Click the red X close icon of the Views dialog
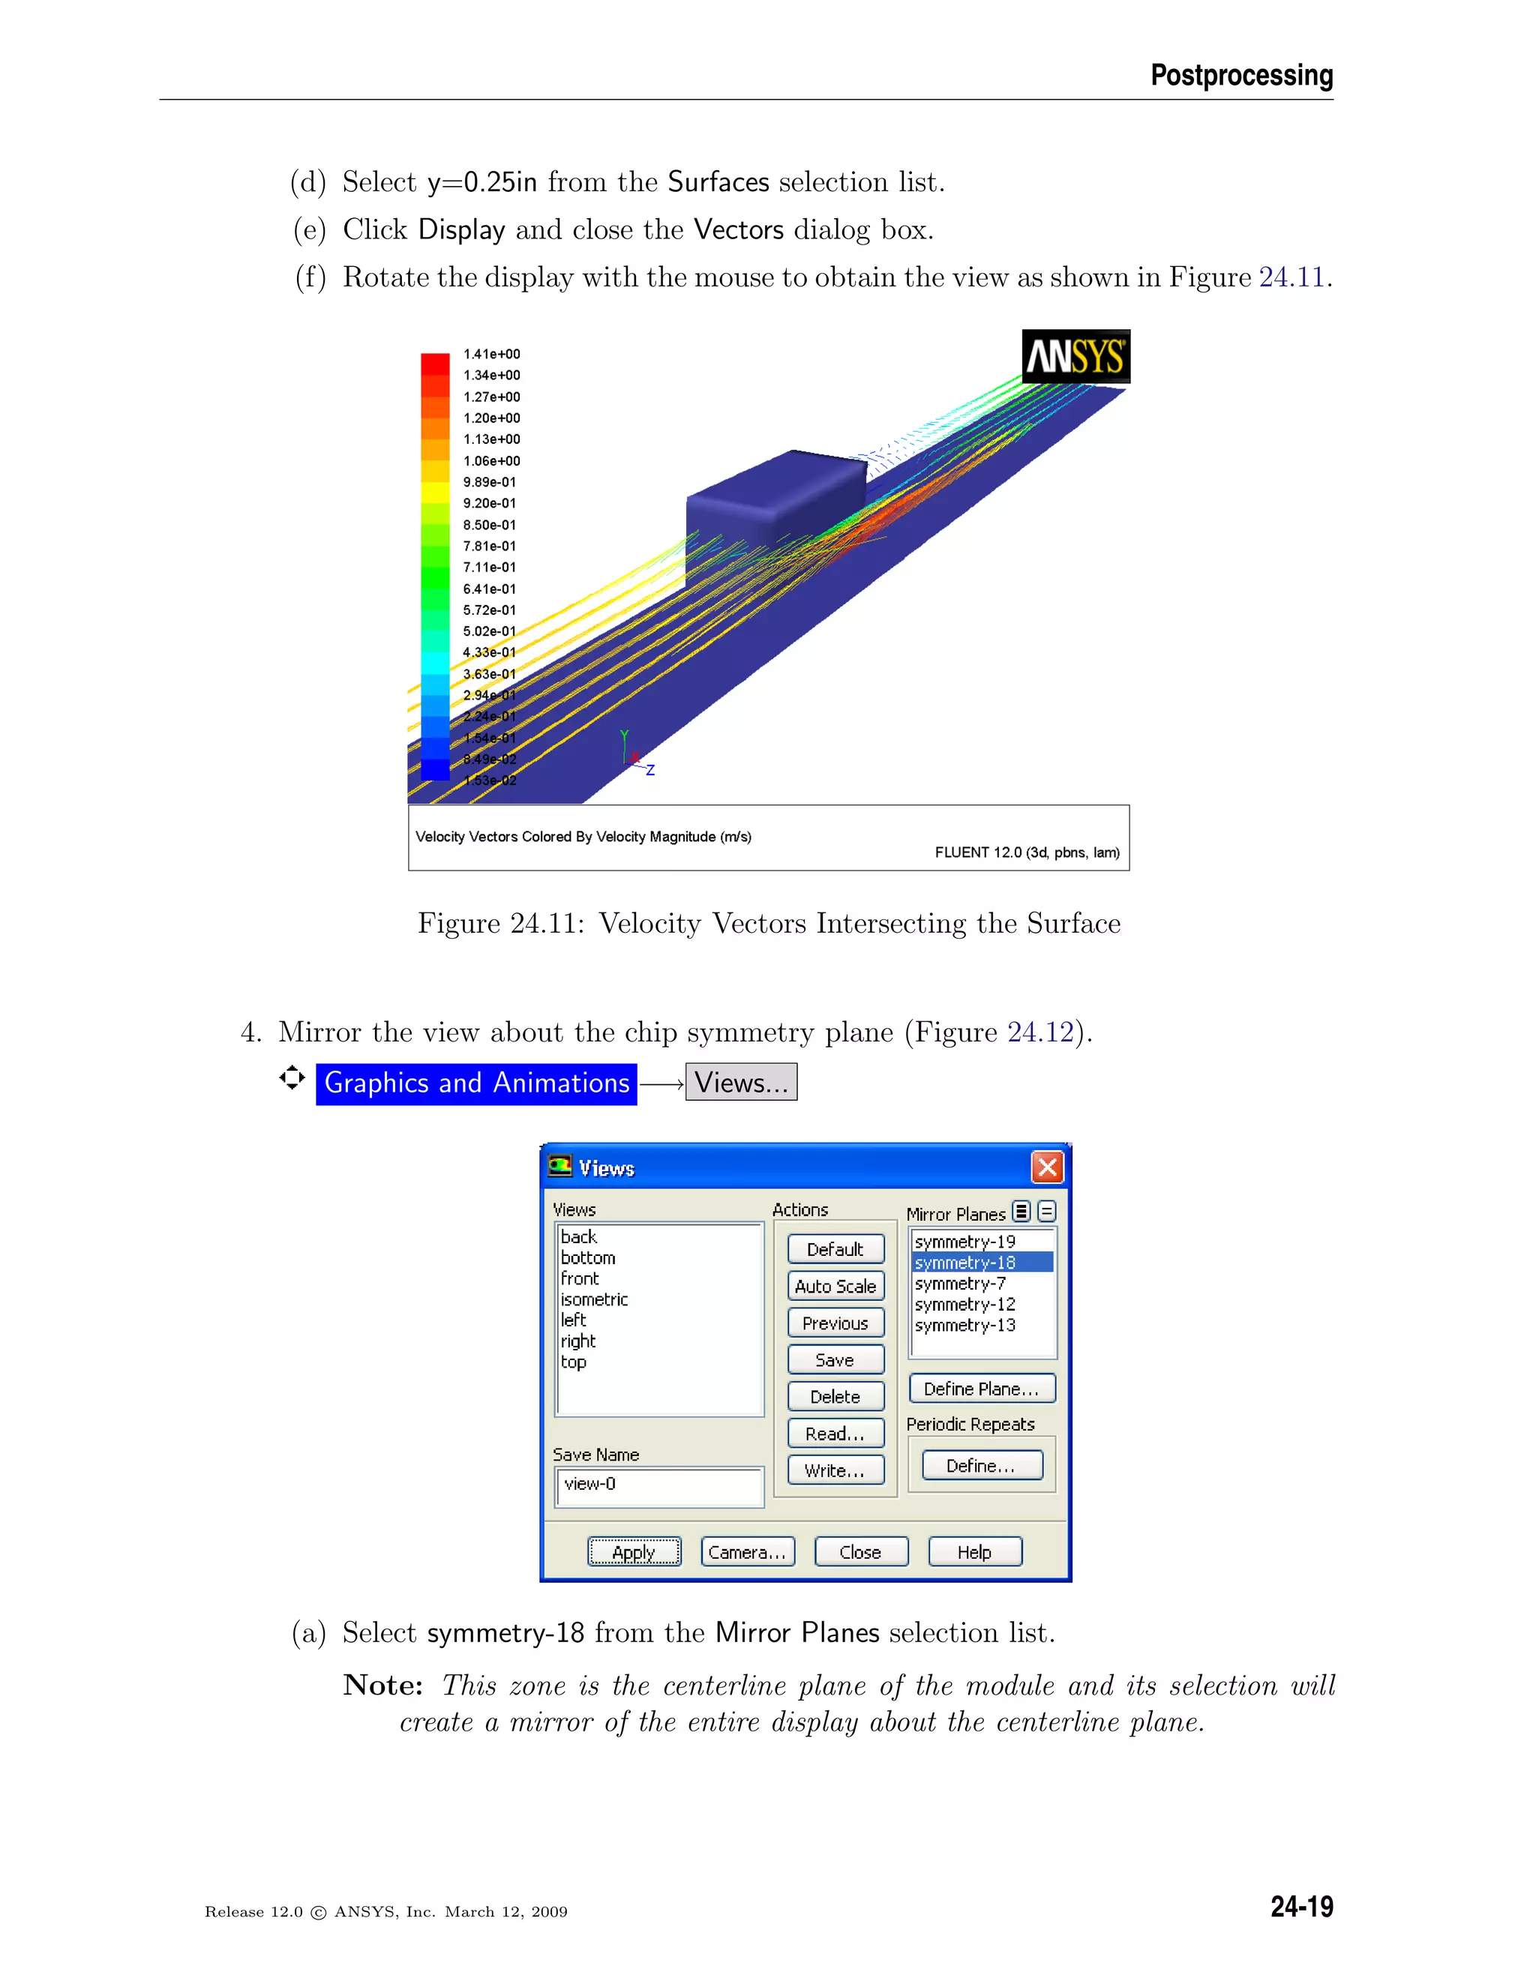(x=1046, y=1167)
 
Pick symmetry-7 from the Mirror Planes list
(x=960, y=1284)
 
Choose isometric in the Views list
(x=594, y=1299)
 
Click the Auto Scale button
(x=835, y=1285)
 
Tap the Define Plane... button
(x=981, y=1389)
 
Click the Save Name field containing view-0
(x=658, y=1485)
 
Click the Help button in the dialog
(x=974, y=1552)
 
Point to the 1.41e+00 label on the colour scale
(x=491, y=354)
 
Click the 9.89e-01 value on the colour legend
(x=490, y=482)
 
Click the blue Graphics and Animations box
(x=476, y=1083)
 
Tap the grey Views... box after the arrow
(x=741, y=1083)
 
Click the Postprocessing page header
(x=1241, y=74)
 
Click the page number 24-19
(x=1301, y=1906)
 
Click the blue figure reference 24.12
(x=1040, y=1032)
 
